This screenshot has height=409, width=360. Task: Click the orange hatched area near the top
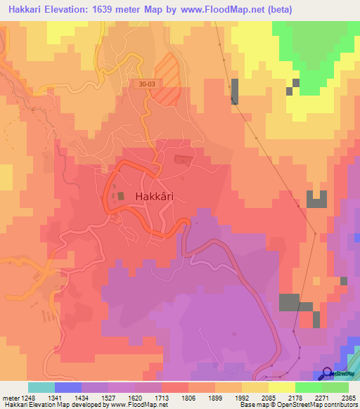pos(166,79)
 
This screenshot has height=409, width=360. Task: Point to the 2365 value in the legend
pos(349,398)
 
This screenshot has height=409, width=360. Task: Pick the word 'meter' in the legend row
pos(12,398)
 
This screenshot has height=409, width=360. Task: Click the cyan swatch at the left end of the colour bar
pos(41,387)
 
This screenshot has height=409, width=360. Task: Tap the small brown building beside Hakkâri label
pos(121,197)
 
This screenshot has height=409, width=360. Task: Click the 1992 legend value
pos(255,398)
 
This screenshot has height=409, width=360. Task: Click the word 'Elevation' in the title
pos(72,9)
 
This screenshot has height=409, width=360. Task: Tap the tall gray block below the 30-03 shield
pos(235,92)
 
